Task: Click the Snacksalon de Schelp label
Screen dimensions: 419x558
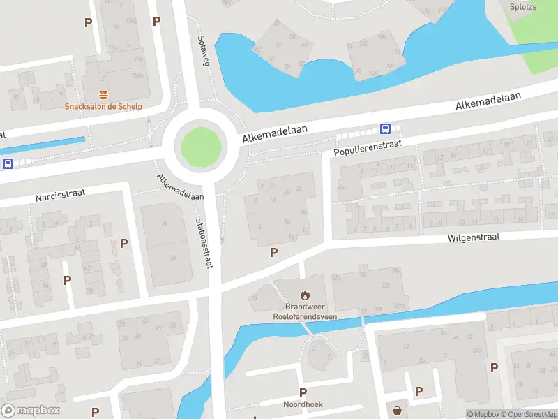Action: tap(103, 107)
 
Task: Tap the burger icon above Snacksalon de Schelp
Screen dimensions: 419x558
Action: tap(103, 95)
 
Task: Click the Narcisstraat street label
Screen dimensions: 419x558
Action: tap(60, 194)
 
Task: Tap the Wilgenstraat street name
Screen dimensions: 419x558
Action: tap(474, 237)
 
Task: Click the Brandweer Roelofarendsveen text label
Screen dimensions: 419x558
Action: tap(304, 311)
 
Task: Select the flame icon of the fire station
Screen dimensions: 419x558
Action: tap(304, 295)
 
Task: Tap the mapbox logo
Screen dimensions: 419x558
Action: tap(29, 411)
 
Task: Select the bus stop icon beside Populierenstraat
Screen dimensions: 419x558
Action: tap(385, 128)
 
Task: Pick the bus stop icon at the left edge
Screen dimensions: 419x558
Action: tap(8, 164)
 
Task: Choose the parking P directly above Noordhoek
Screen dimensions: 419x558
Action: tap(303, 393)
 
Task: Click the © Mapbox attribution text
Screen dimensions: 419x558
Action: tap(483, 414)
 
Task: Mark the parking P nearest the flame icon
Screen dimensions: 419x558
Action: tap(274, 253)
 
